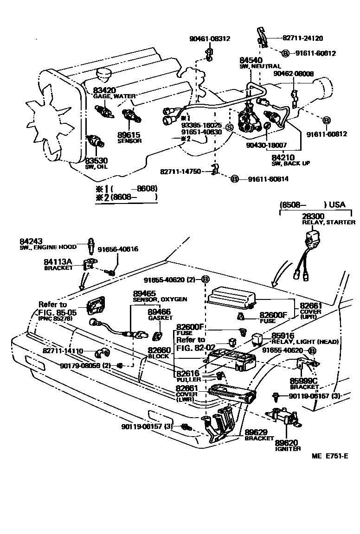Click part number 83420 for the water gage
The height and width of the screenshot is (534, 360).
pos(105,90)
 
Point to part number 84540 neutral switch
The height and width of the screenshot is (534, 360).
pos(251,61)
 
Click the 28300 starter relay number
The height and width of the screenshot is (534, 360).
pos(314,216)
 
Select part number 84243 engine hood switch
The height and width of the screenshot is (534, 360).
pos(31,242)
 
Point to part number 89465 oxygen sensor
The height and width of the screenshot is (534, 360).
pos(144,293)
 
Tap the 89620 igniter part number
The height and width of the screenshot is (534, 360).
pos(287,442)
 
